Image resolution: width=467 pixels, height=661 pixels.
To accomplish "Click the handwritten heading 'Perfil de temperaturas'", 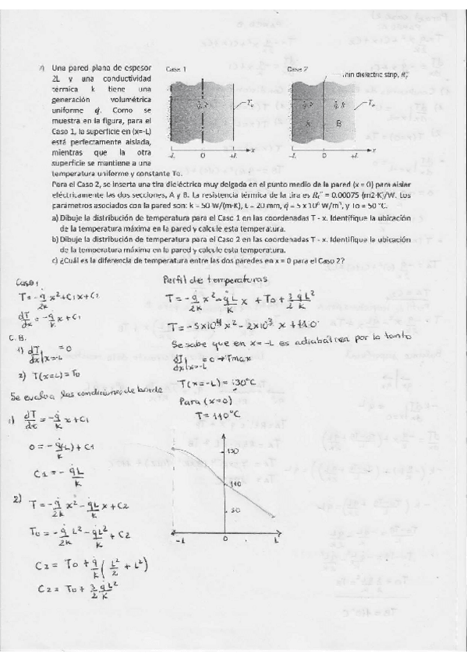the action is pos(214,278).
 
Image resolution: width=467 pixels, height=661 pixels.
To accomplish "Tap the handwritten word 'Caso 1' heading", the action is pos(29,283).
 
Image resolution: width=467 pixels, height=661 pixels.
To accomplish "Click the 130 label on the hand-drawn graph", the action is pos(231,451).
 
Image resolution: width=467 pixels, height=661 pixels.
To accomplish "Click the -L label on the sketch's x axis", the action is pos(180,540).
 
